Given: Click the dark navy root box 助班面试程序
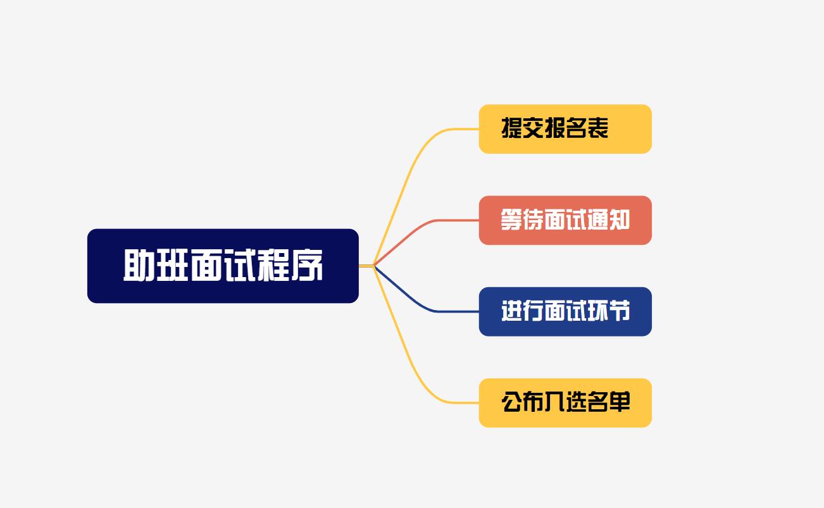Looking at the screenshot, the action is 223,266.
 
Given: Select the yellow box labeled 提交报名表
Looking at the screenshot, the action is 565,129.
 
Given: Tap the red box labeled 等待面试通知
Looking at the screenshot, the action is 565,220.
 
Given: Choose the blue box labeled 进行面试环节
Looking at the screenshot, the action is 565,311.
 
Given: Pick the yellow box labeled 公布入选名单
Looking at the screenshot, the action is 565,403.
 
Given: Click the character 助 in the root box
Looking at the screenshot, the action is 139,266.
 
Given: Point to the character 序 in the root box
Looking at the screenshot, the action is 307,266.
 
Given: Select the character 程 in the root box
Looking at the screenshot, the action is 273,266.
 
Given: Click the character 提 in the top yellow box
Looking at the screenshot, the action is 512,128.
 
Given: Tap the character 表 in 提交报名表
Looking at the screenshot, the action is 598,128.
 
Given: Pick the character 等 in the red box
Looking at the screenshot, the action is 511,220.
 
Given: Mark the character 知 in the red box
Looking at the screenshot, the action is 620,220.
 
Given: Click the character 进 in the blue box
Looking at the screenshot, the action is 512,311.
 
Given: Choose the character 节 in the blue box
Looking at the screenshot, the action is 620,311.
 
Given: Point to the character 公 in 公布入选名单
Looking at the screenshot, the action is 512,402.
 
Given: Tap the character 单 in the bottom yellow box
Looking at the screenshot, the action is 620,402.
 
